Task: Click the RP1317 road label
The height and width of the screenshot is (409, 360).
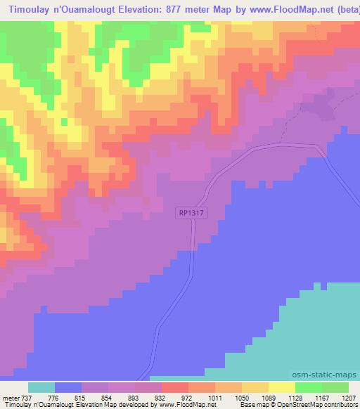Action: coord(192,212)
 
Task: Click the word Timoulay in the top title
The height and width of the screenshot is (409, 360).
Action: coord(27,9)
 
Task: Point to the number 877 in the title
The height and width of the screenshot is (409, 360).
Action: coord(190,9)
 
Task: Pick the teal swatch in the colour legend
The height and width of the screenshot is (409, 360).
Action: coord(41,387)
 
